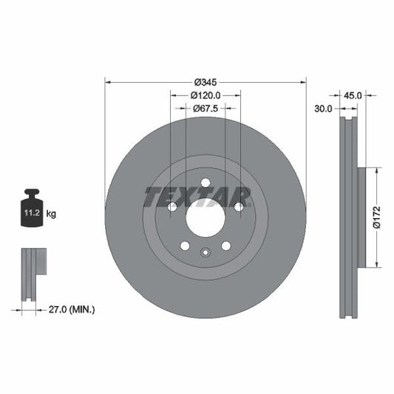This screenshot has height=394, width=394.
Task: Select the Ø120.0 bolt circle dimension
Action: (206, 95)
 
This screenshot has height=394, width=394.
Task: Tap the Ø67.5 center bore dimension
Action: (206, 109)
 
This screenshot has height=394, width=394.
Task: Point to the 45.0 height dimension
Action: (353, 95)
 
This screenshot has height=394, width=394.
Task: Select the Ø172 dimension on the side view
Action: (376, 218)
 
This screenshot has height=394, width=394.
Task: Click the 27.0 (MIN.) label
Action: (71, 310)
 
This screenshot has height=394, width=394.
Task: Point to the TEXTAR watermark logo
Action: (197, 197)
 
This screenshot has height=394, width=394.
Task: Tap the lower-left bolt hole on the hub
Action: (186, 245)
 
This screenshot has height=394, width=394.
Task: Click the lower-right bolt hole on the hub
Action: (225, 245)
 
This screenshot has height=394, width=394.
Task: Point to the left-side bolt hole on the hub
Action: (173, 207)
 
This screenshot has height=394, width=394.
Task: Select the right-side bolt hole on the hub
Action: (238, 207)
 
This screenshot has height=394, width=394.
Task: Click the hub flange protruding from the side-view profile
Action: (361, 218)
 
